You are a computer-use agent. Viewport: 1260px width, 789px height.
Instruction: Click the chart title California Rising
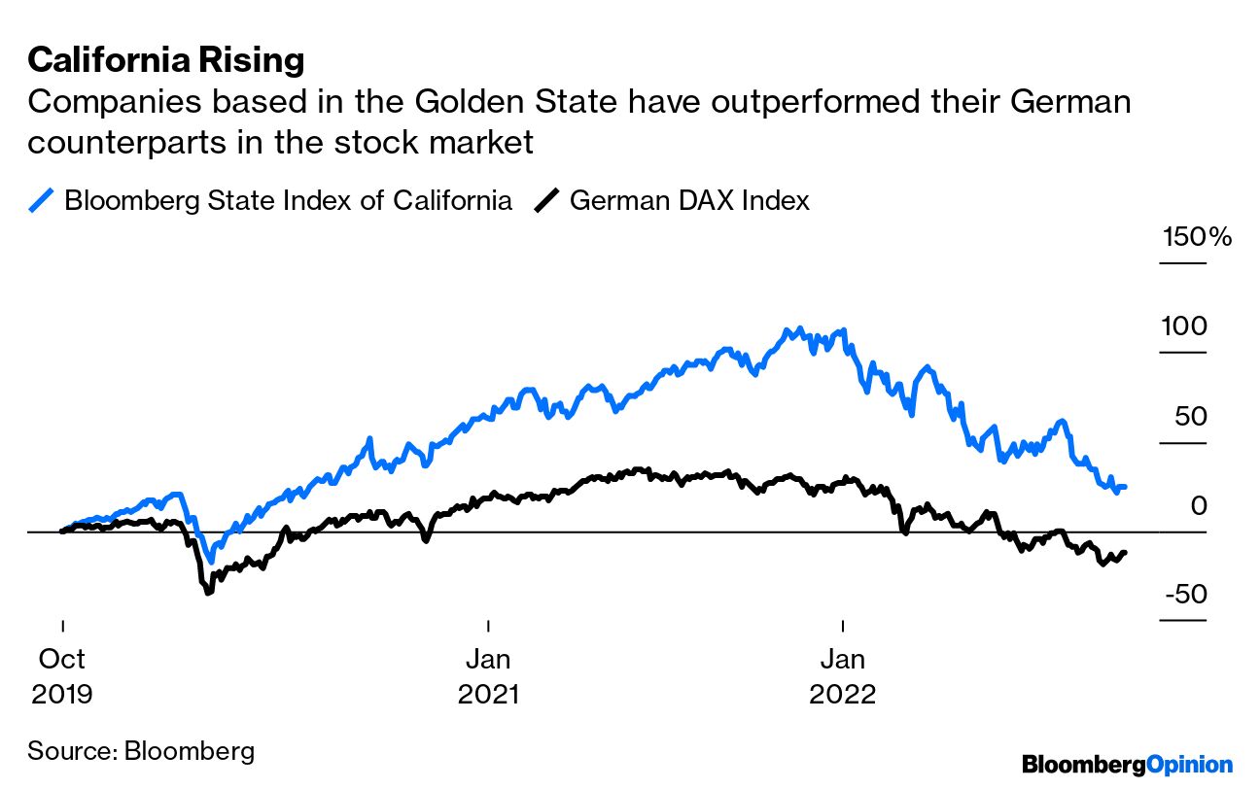(165, 60)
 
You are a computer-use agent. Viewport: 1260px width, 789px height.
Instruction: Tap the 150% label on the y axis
(1196, 237)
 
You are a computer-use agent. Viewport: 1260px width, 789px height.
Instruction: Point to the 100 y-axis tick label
(1183, 326)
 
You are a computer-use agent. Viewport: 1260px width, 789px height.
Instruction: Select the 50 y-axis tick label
(1188, 417)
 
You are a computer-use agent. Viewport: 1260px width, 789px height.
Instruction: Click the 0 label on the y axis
(1198, 506)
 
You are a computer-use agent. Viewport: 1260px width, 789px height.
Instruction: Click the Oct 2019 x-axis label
(62, 676)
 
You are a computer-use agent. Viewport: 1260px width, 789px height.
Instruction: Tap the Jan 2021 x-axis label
(488, 676)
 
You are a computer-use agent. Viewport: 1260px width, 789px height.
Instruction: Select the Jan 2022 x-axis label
(842, 676)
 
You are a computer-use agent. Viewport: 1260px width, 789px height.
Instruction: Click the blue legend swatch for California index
(41, 201)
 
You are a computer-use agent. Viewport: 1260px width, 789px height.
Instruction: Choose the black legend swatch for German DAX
(547, 201)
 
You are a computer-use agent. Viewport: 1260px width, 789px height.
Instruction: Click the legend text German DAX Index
(689, 201)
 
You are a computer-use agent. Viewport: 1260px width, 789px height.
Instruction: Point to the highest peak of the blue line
(799, 329)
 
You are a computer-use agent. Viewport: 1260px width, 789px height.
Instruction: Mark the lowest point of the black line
(207, 592)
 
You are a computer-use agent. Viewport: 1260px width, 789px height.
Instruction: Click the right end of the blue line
(1125, 486)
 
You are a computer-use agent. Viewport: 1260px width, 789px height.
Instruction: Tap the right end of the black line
(1125, 553)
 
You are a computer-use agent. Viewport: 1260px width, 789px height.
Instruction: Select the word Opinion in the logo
(1189, 765)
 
